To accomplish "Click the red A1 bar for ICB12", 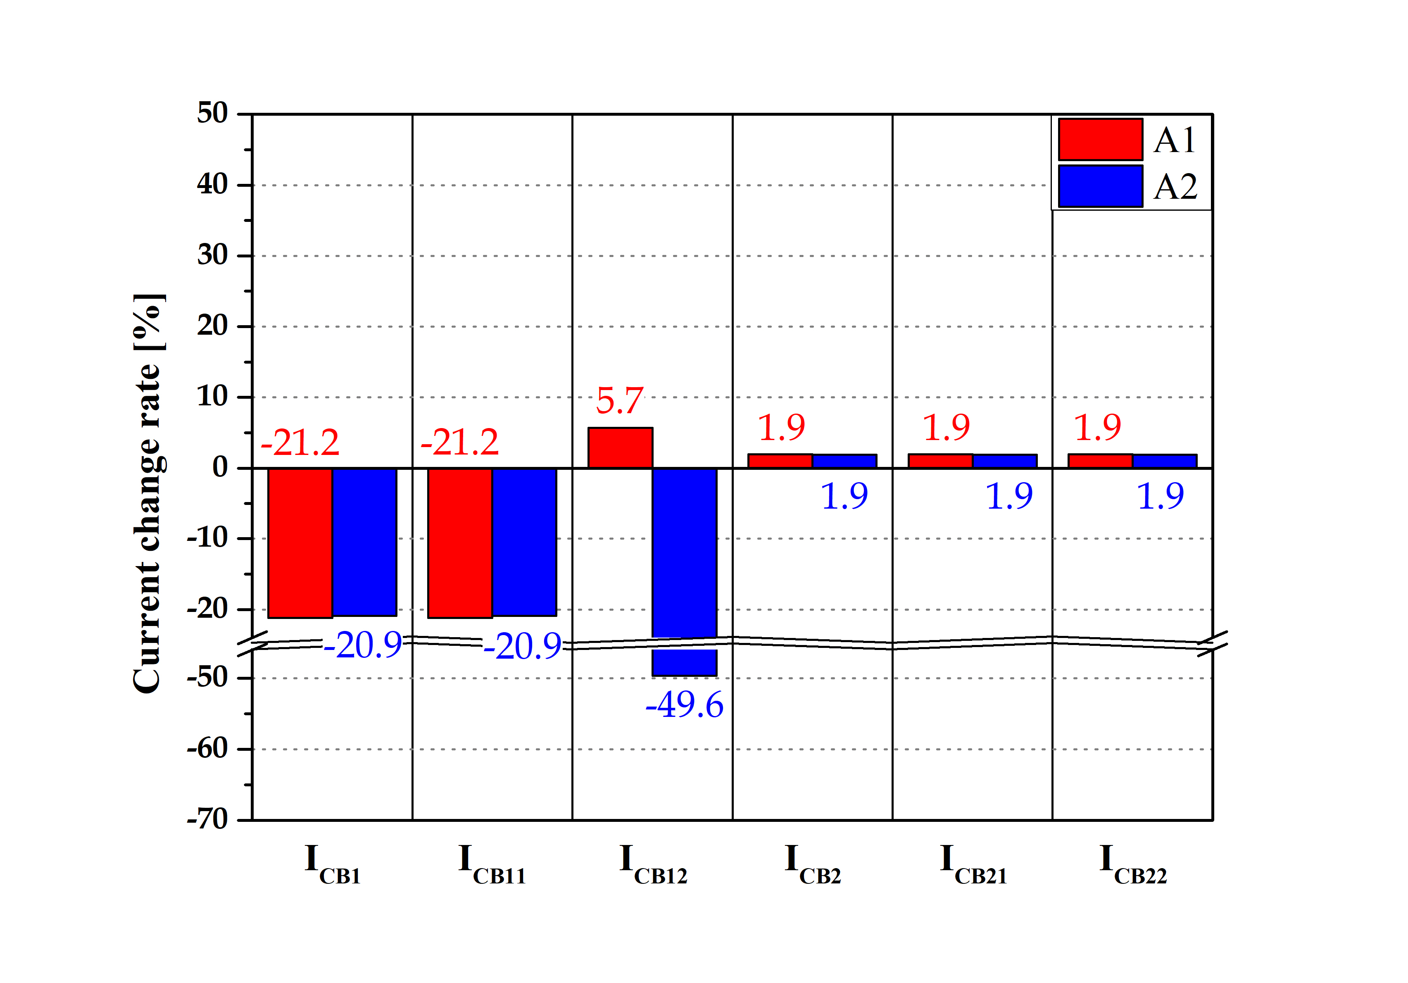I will [620, 447].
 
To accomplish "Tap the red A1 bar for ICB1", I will [300, 543].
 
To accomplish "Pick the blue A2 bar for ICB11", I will [524, 541].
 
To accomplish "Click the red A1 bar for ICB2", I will [780, 461].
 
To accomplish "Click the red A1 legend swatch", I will [1100, 139].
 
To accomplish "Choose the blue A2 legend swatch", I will [1100, 186].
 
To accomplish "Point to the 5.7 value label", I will [619, 401].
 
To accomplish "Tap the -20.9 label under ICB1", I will [362, 646].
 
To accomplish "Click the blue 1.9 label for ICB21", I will [1009, 496].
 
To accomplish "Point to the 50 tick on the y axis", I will [212, 114].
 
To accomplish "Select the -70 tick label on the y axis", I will [207, 819].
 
